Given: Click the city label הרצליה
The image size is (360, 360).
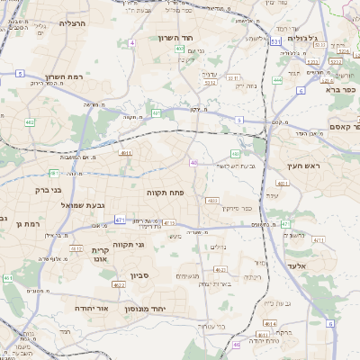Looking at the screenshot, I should coord(71,22).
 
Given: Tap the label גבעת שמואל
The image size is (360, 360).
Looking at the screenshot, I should coord(79,205).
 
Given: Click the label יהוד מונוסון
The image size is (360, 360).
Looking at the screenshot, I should coord(168,308).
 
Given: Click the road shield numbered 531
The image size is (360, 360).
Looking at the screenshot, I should coord(275,41).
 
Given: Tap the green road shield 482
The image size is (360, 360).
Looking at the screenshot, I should coord(31,121).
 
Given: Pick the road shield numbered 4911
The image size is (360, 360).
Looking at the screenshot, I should coord(125,153).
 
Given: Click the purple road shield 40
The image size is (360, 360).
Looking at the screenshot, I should coord(194,162).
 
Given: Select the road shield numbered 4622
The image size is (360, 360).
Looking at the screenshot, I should coord(119,284).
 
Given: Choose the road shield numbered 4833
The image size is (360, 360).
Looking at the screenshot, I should coord(212,200).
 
